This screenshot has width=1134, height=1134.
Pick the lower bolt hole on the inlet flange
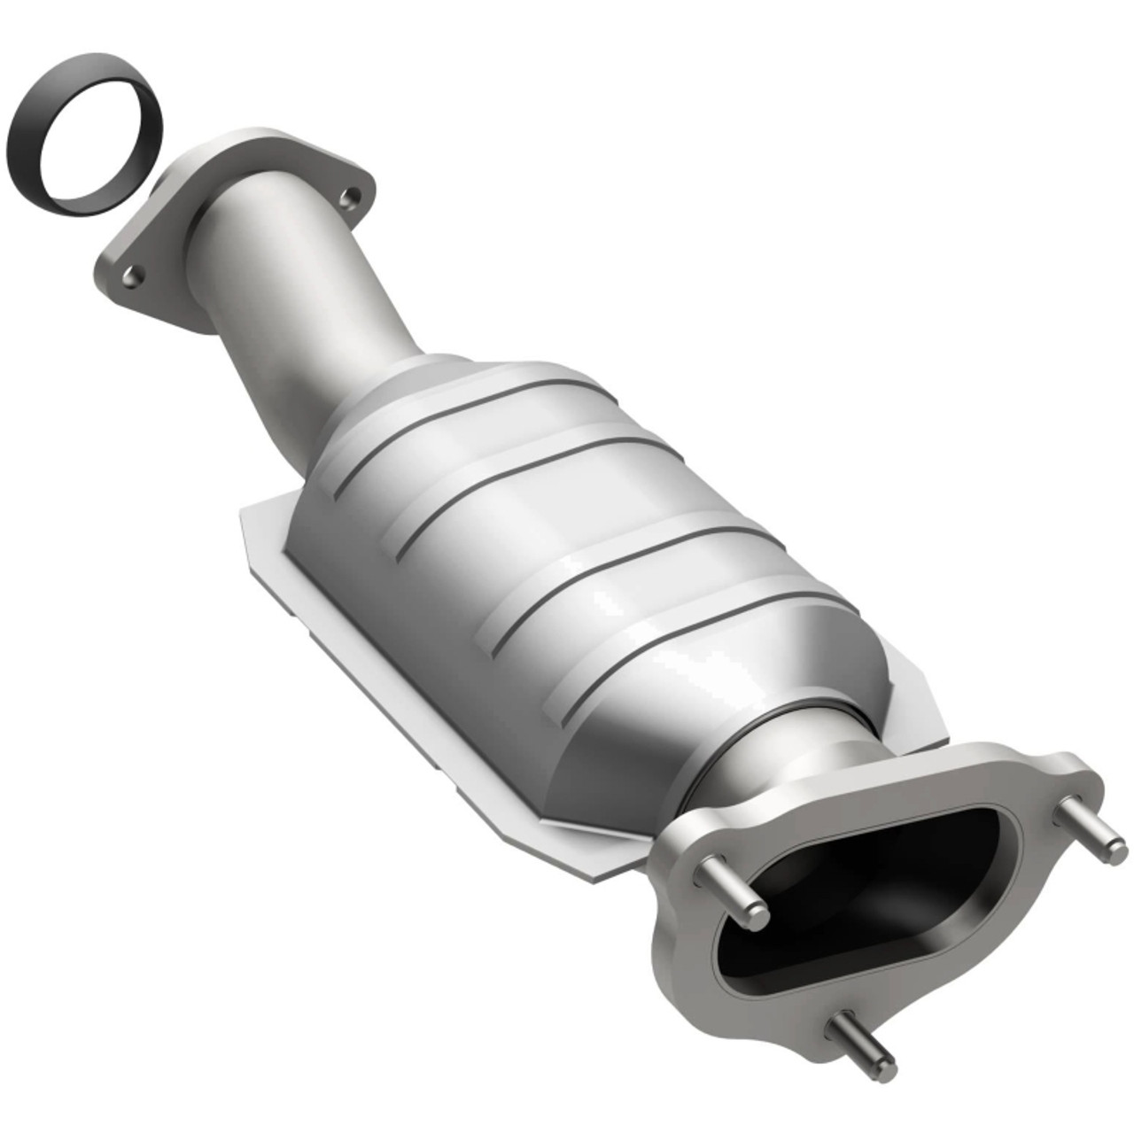click(131, 277)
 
